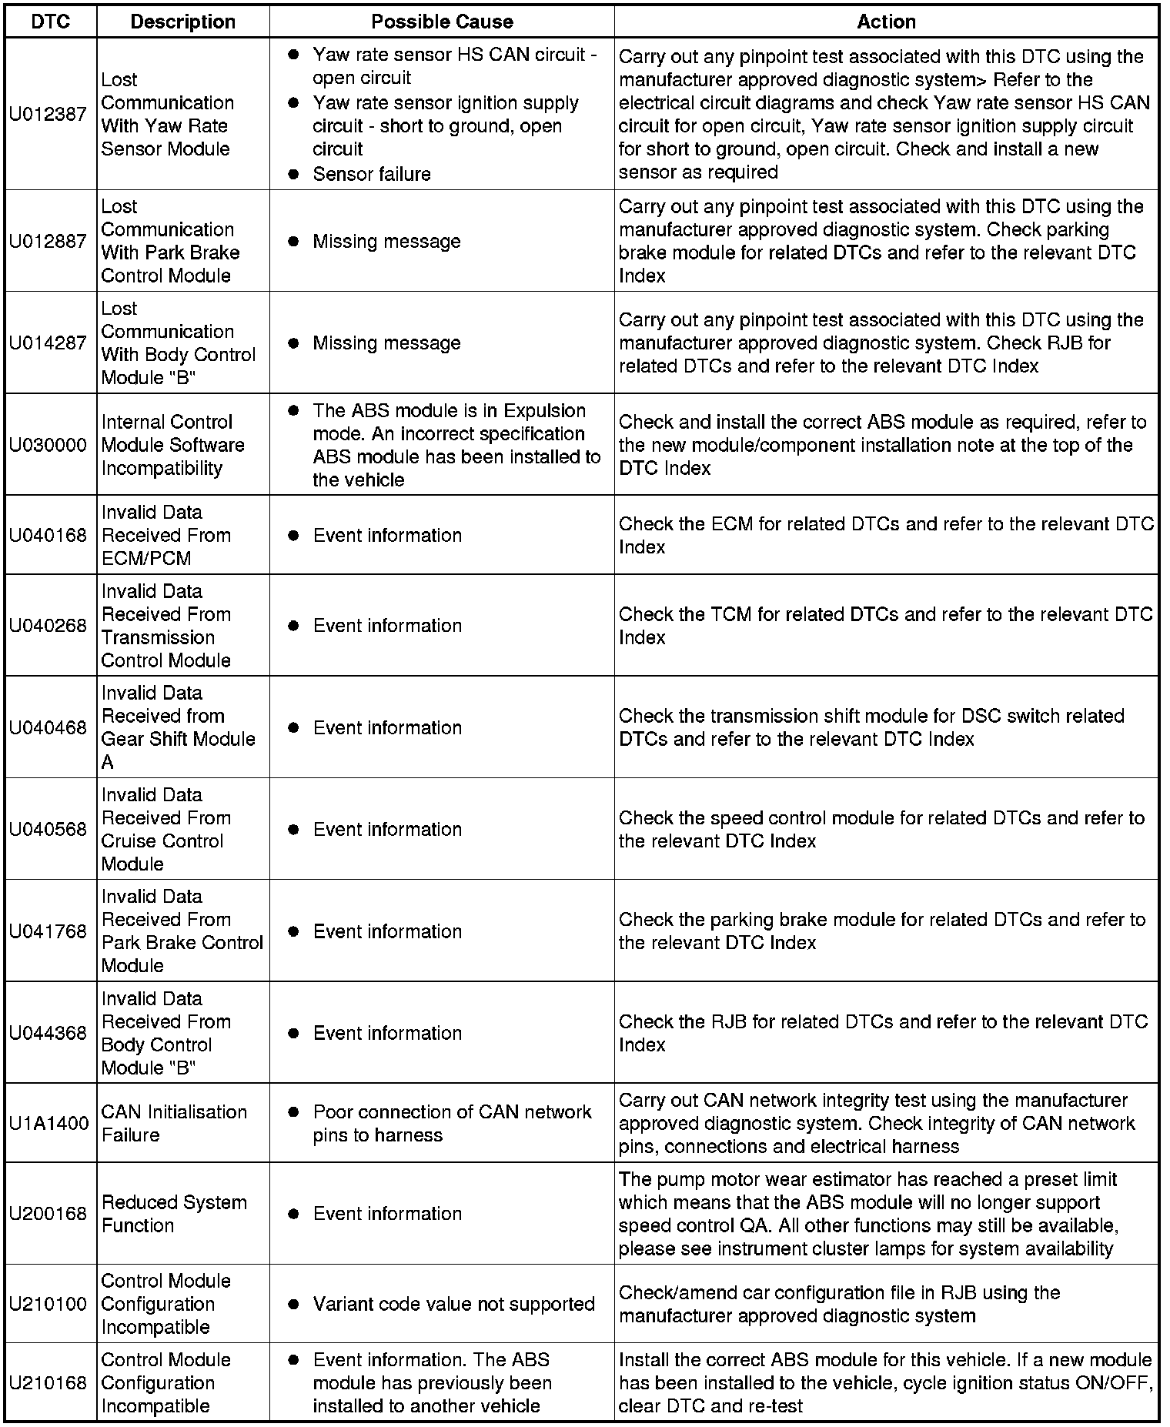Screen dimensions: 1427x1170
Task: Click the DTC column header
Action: [x=50, y=22]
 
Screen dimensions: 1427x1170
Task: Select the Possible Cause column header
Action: [x=442, y=22]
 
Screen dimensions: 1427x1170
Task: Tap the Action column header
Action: [x=886, y=22]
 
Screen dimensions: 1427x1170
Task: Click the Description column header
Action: [x=183, y=22]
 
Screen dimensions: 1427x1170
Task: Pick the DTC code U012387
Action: [x=48, y=114]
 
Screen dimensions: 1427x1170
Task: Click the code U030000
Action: [x=48, y=445]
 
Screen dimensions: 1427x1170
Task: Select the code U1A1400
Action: [x=48, y=1123]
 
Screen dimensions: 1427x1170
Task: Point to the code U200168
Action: [x=48, y=1214]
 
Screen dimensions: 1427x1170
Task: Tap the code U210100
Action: [x=48, y=1304]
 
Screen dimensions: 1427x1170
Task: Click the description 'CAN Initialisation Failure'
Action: [x=174, y=1123]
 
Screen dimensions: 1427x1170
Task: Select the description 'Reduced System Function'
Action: [x=174, y=1214]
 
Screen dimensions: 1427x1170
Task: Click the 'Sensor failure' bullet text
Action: [x=371, y=174]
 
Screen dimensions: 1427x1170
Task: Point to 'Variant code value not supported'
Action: [x=453, y=1304]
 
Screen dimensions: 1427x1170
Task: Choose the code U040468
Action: [x=48, y=727]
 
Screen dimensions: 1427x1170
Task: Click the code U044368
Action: [x=48, y=1033]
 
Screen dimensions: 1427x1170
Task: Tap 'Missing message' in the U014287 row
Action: [x=386, y=343]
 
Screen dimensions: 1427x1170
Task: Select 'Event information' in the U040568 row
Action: [x=387, y=829]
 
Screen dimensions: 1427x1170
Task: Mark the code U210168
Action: [x=48, y=1383]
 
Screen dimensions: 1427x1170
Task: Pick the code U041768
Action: [x=48, y=931]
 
